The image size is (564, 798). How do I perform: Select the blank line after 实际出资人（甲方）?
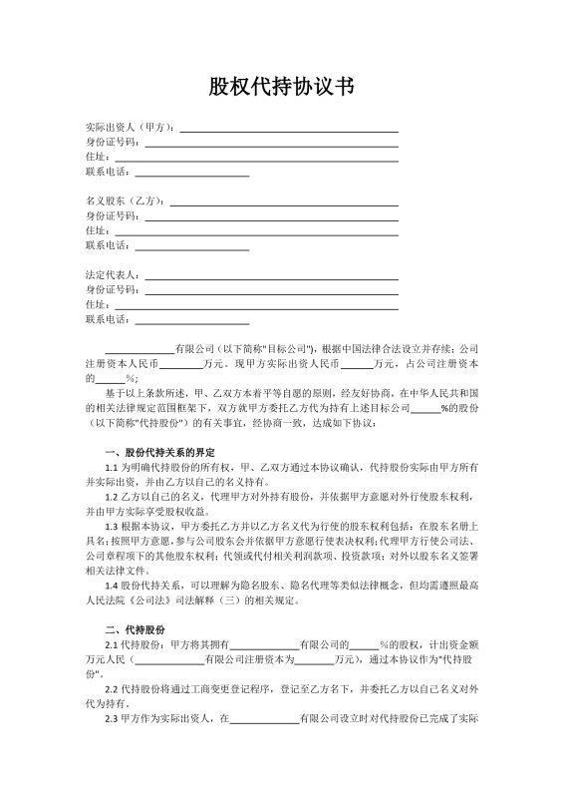(288, 128)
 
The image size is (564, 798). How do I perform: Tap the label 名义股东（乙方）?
(126, 199)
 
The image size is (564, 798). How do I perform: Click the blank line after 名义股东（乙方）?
(284, 200)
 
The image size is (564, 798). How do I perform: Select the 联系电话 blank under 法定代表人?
(191, 319)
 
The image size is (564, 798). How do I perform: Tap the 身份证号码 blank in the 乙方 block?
(271, 215)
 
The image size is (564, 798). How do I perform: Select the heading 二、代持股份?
(136, 631)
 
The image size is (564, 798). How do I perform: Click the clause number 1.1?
(113, 467)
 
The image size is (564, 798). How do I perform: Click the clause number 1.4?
(113, 587)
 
